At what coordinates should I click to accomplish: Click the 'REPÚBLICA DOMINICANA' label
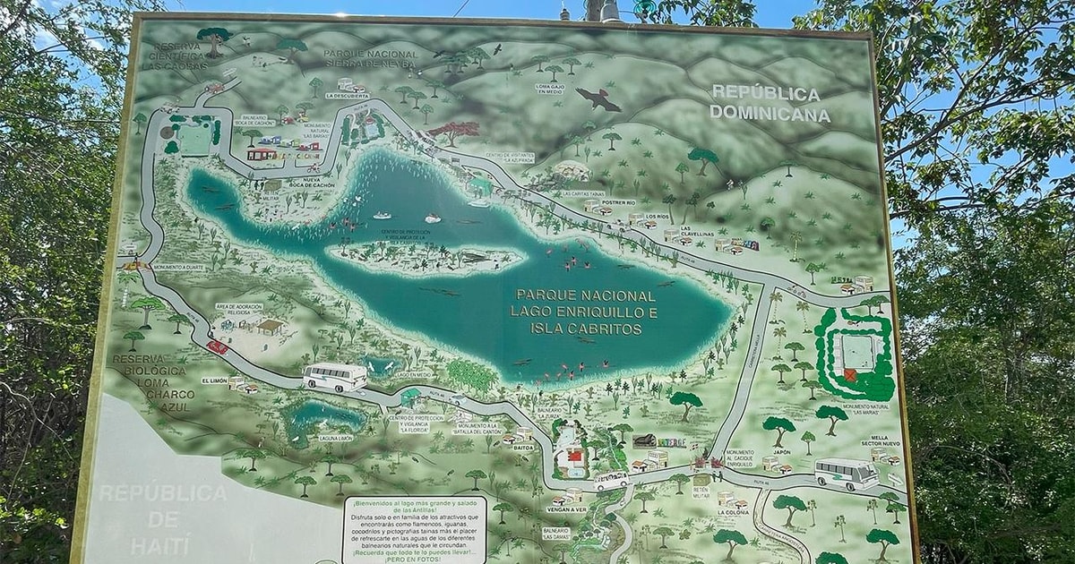tap(770, 104)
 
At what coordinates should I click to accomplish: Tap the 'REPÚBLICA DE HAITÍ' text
tap(162, 518)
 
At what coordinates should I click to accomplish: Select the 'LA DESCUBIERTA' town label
tap(347, 95)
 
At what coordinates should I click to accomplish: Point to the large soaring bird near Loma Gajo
tap(598, 98)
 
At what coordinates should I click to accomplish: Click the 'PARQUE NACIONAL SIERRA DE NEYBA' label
tap(371, 59)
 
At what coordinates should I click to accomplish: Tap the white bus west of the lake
tap(335, 377)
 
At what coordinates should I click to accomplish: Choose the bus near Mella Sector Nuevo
tap(846, 473)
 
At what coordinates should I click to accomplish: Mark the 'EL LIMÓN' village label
tap(214, 380)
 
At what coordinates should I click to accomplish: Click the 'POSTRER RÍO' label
tap(618, 203)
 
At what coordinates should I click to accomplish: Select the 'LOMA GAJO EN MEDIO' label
tap(549, 89)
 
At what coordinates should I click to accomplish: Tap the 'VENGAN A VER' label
tap(566, 508)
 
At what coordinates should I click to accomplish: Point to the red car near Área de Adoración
tap(218, 346)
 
